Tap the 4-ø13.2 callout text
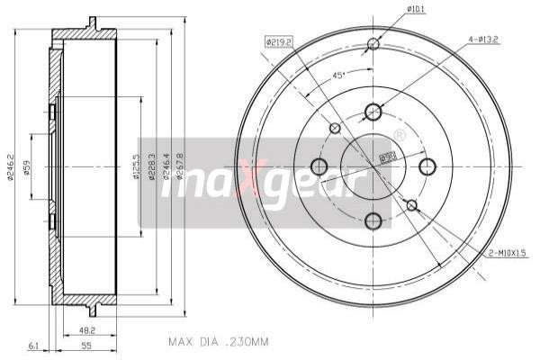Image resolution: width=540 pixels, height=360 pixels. [x=485, y=40]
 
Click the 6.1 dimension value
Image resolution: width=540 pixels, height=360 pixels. [x=33, y=345]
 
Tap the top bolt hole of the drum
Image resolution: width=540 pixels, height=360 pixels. [x=373, y=112]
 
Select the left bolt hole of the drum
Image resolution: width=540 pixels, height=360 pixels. [x=319, y=166]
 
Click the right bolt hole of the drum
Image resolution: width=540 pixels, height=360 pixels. [x=427, y=166]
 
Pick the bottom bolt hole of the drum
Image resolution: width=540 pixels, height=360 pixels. [x=373, y=220]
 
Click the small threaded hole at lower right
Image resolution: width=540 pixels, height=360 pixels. [x=411, y=206]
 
